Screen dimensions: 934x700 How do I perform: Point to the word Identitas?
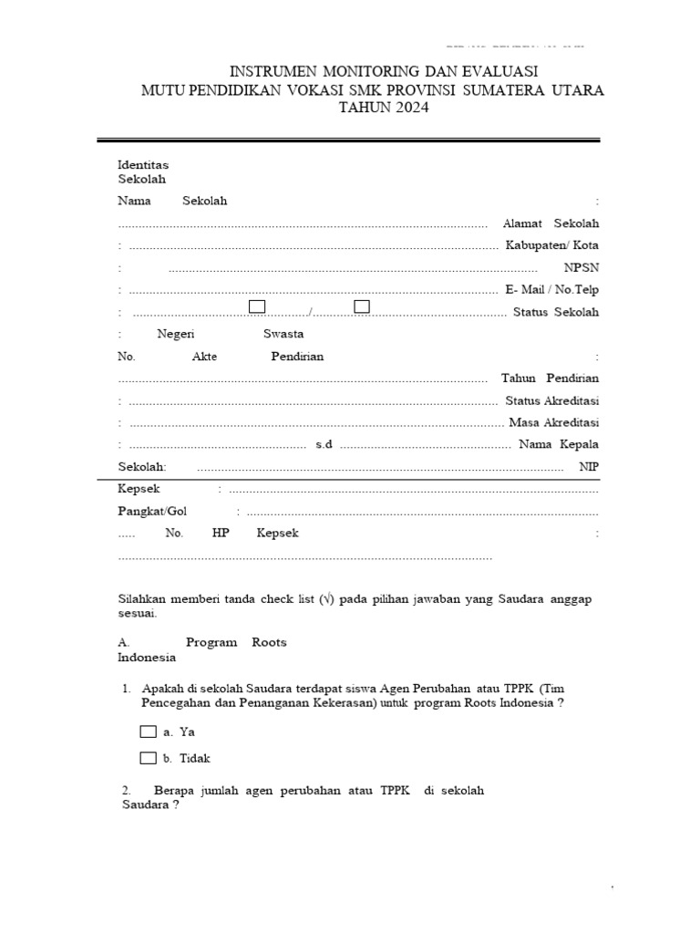click(x=143, y=164)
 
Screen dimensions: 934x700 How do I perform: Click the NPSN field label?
click(x=582, y=267)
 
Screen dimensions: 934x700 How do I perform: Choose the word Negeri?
click(x=176, y=334)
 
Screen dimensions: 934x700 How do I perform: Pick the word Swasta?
click(x=283, y=334)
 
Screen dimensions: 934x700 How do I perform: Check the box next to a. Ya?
click(x=148, y=732)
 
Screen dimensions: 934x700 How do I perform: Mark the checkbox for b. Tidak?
click(x=148, y=758)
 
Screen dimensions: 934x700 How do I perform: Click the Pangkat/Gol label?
click(x=152, y=511)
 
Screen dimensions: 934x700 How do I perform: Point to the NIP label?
click(x=589, y=466)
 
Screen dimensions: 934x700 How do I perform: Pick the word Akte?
click(x=205, y=357)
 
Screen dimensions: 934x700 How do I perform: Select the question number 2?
click(x=126, y=791)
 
